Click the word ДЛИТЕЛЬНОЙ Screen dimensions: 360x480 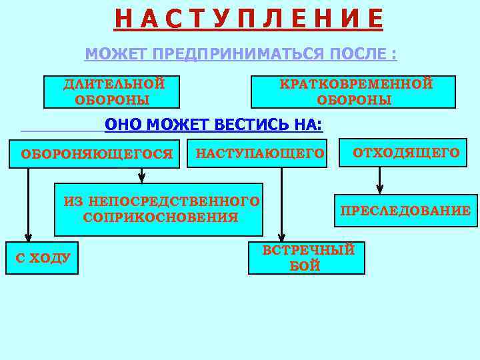pos(114,84)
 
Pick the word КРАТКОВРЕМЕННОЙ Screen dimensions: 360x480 pos(356,84)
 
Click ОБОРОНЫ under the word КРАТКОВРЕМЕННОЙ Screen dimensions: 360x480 pos(354,101)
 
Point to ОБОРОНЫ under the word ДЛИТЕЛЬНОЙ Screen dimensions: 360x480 pos(113,101)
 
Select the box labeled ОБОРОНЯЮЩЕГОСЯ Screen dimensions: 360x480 pos(97,154)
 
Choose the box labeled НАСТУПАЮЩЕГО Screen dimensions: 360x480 pos(260,154)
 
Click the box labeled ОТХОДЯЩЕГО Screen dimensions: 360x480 pos(406,153)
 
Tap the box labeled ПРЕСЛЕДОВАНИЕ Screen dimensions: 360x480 pos(405,211)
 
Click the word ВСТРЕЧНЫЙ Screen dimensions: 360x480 pos(308,251)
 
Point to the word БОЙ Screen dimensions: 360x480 pos(305,266)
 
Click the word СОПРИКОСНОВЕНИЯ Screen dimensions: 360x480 pos(161,217)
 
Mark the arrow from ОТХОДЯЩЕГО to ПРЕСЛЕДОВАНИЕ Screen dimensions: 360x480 pos(380,180)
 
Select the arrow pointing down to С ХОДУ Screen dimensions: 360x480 pos(28,203)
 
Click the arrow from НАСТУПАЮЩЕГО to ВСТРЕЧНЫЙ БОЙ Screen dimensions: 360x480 pos(282,203)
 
